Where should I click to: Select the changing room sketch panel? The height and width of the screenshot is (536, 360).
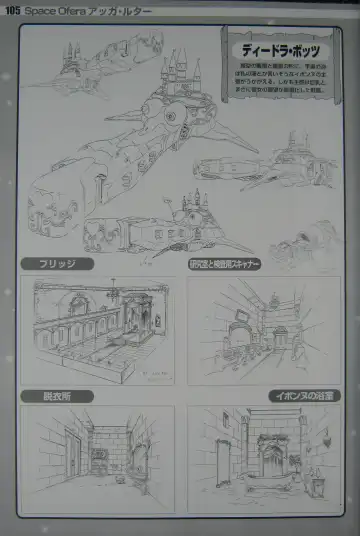point(96,459)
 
